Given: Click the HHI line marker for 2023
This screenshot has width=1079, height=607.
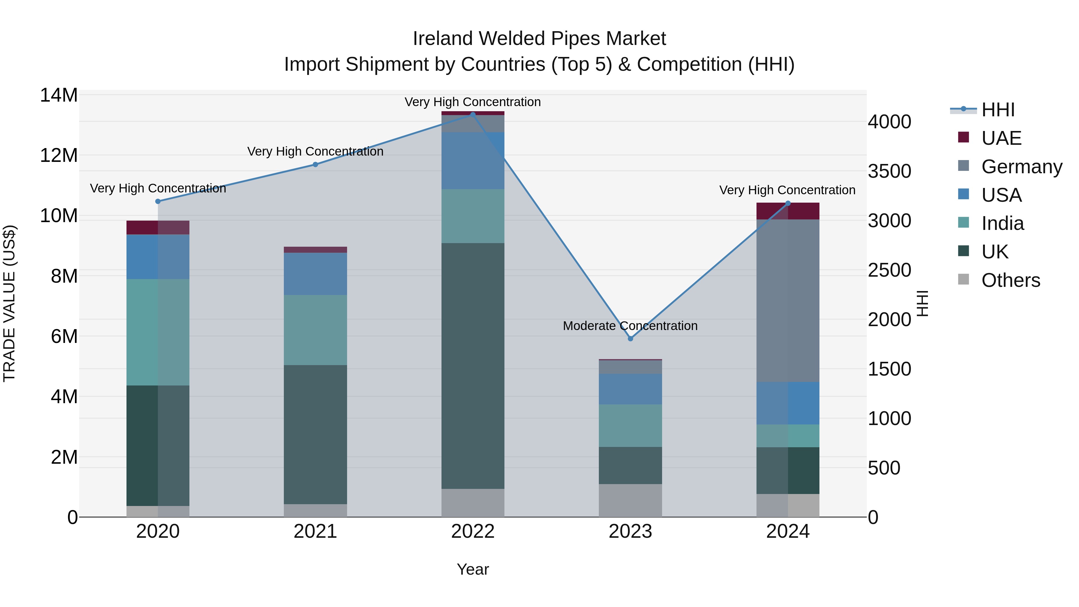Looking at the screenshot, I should pos(630,338).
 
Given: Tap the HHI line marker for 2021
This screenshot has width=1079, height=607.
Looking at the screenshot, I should pos(315,165).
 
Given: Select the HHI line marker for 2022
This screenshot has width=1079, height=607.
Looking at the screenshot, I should pos(473,115).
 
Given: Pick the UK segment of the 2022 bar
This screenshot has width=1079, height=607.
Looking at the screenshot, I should pos(473,366).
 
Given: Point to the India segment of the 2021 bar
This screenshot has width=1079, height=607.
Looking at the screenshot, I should pos(315,330).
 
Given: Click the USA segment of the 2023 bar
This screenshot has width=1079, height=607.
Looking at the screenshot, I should pos(630,389).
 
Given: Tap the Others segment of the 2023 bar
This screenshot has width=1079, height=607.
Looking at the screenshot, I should pos(630,500).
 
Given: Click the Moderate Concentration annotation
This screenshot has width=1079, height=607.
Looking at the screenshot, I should pos(630,326).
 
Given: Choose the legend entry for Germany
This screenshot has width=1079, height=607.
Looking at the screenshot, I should pos(1022,167).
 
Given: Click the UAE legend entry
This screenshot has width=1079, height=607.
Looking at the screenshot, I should pos(1001,138).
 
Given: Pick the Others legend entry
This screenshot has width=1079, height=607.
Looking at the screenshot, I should pos(1010,280).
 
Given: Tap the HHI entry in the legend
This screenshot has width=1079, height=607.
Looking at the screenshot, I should pos(998,110).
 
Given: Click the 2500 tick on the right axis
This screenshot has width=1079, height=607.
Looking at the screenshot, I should pos(889,270).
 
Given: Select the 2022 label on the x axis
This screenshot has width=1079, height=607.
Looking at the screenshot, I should pos(473,531).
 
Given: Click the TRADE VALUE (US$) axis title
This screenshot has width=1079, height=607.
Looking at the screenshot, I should pos(9,303).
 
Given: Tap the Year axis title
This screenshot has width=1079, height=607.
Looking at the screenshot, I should pos(473,569).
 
